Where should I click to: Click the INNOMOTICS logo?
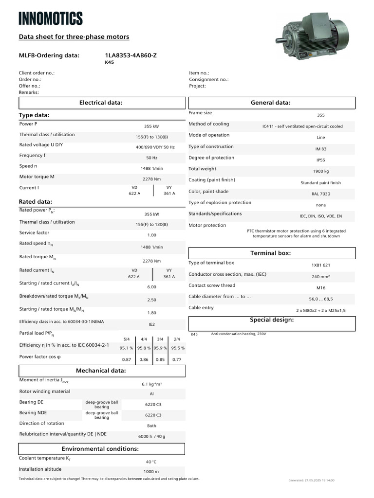(51, 18)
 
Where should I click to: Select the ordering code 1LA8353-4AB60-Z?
(131, 55)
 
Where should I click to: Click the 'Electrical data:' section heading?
(101, 103)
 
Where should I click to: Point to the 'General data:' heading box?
(270, 103)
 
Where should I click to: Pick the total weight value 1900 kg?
(320, 171)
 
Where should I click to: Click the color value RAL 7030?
(320, 194)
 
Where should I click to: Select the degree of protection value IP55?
(320, 160)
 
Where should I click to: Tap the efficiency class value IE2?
(151, 324)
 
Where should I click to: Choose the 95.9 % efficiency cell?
(160, 348)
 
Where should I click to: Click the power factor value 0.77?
(177, 359)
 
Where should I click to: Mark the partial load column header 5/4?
(127, 339)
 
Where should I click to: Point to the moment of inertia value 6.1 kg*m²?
(151, 384)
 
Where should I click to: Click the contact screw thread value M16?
(320, 287)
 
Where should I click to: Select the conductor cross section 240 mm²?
(320, 276)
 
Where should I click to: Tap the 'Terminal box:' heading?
(270, 253)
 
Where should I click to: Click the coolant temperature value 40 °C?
(151, 462)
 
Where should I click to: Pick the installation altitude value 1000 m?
(151, 472)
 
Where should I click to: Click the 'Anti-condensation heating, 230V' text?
(238, 334)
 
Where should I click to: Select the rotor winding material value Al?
(151, 394)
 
